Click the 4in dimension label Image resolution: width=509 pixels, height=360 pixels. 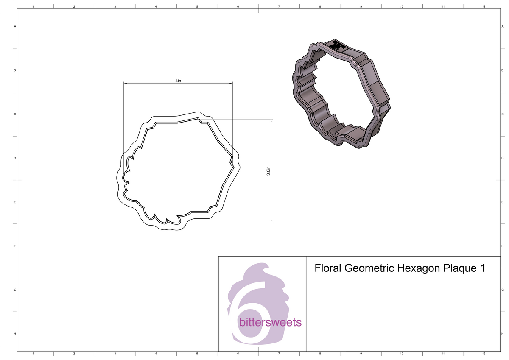point(178,81)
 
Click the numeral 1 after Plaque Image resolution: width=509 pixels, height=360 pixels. point(481,268)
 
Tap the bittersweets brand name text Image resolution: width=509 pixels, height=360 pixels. point(270,322)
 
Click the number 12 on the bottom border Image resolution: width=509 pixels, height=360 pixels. point(484,353)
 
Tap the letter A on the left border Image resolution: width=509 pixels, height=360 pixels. point(15,26)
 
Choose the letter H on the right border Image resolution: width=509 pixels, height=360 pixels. point(502,334)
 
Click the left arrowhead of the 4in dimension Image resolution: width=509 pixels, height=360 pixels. point(125,84)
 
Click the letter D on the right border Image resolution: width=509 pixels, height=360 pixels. point(502,158)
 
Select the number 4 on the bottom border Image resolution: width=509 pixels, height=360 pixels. point(156,353)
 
